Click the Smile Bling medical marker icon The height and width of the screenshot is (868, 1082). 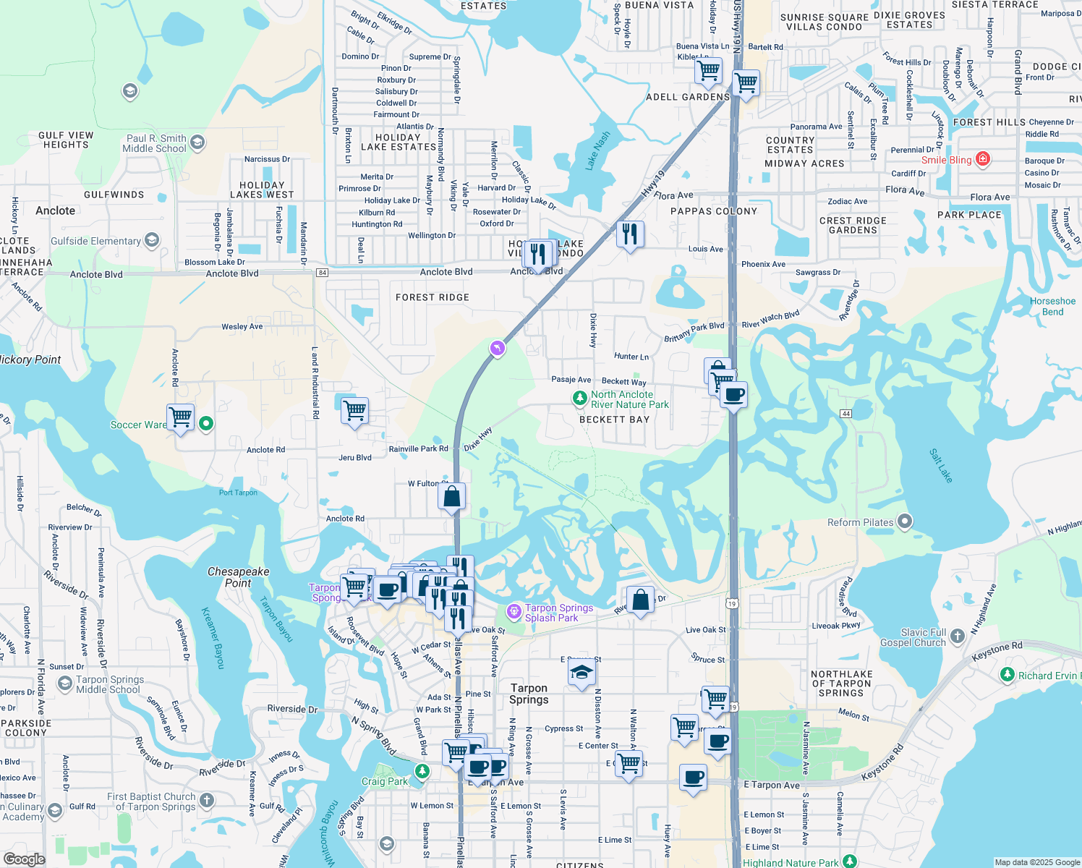tap(982, 159)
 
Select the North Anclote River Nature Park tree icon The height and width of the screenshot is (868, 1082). tap(579, 398)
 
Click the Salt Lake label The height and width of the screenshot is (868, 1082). tap(941, 466)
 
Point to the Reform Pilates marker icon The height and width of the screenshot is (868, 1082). tap(905, 522)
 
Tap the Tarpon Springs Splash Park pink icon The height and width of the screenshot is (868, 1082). tap(514, 612)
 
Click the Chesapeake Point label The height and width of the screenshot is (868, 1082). tap(238, 577)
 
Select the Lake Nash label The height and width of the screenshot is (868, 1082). tap(598, 150)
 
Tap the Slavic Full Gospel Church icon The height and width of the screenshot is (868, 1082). tap(958, 636)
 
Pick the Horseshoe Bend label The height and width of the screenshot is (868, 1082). tap(1052, 307)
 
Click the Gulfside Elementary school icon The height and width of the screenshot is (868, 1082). tap(151, 240)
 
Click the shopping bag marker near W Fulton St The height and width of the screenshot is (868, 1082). tap(452, 497)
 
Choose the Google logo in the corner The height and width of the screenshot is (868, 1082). tap(24, 859)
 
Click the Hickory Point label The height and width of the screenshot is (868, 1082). tap(31, 359)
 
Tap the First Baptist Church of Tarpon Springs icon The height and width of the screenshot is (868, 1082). tap(207, 800)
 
